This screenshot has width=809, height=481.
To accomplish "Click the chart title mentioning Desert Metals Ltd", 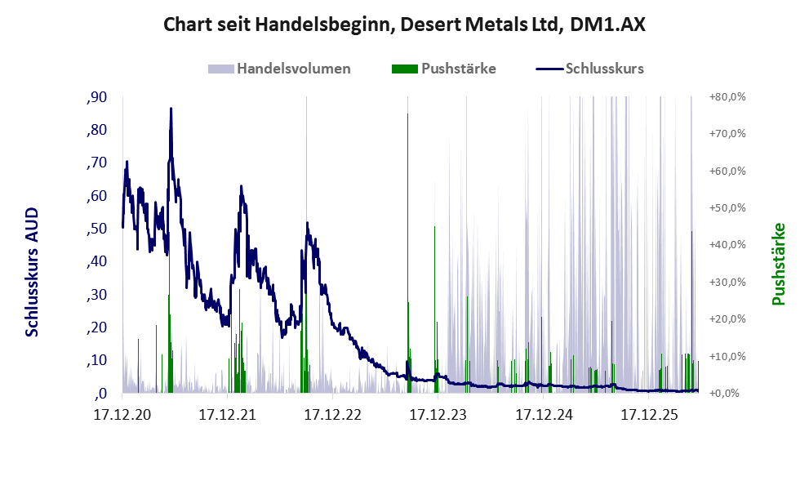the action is [404, 24].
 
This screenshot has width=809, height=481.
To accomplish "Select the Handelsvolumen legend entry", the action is [279, 69].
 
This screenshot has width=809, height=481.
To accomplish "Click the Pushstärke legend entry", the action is [444, 69].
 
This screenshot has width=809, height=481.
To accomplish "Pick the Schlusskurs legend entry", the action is [589, 69].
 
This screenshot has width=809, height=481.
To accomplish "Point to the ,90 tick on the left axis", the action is [97, 97].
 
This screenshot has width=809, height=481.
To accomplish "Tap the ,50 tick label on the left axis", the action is [97, 229].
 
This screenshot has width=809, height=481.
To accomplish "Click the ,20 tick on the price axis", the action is [97, 327].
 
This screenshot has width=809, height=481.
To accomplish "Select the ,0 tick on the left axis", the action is [100, 394].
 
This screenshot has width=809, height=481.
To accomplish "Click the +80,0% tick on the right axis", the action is [727, 97].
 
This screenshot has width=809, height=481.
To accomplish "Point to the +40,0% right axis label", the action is [727, 245].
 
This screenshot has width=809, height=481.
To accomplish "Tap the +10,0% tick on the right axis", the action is [727, 356].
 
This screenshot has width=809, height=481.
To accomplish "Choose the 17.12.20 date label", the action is [122, 414].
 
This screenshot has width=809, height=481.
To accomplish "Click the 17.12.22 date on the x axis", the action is [333, 414].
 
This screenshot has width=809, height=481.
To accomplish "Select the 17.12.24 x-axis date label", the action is [544, 414].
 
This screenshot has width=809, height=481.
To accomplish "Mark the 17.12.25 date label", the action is [649, 414].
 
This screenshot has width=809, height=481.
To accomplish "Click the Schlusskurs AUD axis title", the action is [32, 272].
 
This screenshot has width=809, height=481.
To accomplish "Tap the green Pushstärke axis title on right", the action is [779, 264].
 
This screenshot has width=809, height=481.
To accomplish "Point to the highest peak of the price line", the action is [171, 109].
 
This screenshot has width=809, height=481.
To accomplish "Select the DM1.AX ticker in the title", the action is [608, 24].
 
